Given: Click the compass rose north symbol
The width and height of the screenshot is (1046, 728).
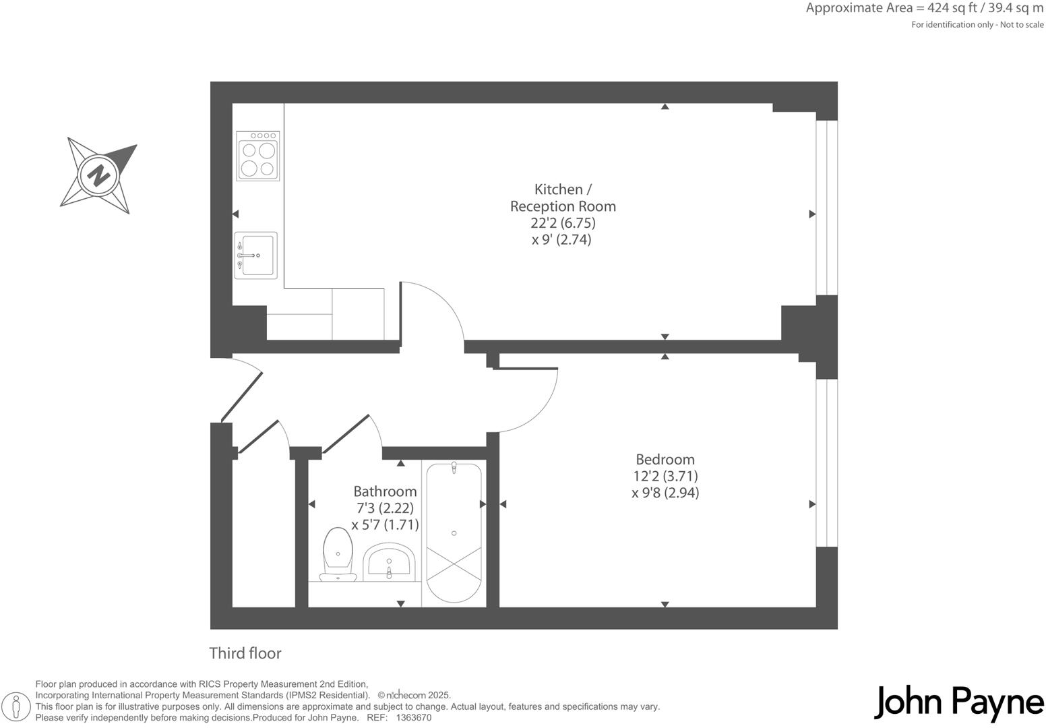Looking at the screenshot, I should [x=99, y=176].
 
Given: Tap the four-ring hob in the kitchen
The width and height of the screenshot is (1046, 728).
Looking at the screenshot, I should [x=258, y=156].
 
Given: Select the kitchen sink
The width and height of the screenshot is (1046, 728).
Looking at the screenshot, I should [x=256, y=255].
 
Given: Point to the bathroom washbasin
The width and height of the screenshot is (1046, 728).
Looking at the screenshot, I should [x=388, y=563].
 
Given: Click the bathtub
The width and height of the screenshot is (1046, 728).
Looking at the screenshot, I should [x=454, y=533].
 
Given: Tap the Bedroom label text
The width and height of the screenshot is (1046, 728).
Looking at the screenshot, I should [x=665, y=459].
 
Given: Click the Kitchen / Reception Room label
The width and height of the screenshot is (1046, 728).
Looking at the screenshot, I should [x=563, y=198].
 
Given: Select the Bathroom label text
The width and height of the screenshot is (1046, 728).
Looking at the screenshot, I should [x=385, y=491].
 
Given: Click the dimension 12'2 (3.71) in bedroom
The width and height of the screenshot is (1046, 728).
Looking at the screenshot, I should [x=665, y=476].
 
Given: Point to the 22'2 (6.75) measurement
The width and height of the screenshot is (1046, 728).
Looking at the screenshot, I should [x=563, y=222].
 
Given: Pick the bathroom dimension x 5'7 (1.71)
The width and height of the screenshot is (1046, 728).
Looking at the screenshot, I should [x=385, y=524].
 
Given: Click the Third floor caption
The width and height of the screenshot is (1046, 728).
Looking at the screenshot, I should [x=245, y=653].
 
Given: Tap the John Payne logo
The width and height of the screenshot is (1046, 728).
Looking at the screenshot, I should [x=958, y=703].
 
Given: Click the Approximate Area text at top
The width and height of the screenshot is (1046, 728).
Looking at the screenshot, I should [x=924, y=8].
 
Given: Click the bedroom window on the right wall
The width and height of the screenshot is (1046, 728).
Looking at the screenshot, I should [x=826, y=462].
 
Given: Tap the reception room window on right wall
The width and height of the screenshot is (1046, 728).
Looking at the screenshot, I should [x=826, y=208].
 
